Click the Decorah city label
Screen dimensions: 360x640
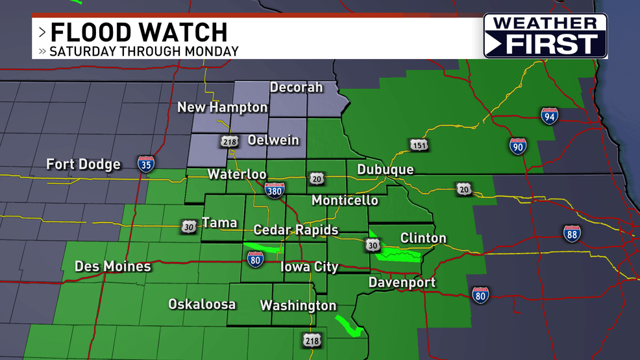tap(296, 88)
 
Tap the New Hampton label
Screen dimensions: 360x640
tap(223, 108)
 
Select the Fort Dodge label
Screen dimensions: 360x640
tap(83, 164)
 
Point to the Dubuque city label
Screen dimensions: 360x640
tap(385, 170)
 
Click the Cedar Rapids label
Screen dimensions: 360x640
tap(295, 230)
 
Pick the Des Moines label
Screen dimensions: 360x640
tap(112, 267)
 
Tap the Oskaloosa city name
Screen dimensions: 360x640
tap(202, 304)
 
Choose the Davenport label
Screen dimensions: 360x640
tap(402, 283)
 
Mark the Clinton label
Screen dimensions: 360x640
tap(423, 238)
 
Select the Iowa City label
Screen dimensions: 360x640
tap(309, 267)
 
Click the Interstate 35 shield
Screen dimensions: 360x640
tap(146, 163)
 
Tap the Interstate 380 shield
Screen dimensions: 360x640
tap(274, 189)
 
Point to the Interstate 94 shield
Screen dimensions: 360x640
tap(550, 116)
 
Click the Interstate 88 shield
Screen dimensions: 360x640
tap(572, 234)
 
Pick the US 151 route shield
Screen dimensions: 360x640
tap(419, 145)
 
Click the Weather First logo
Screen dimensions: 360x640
tap(545, 36)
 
